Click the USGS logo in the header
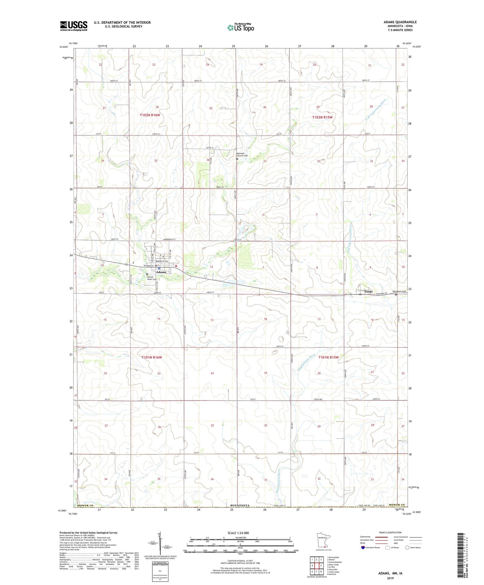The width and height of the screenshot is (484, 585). click(x=74, y=26)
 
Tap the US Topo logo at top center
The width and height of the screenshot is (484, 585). click(x=240, y=27)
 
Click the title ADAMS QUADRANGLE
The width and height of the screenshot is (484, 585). click(x=400, y=22)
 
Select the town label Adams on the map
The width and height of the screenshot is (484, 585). click(x=161, y=272)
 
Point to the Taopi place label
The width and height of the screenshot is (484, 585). click(x=368, y=291)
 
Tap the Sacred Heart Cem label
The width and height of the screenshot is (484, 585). click(x=152, y=278)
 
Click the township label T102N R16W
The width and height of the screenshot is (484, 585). click(x=150, y=115)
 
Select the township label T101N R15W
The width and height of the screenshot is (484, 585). click(x=328, y=357)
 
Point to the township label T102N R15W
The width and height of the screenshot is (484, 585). click(x=322, y=117)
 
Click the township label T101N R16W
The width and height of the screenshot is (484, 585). click(x=151, y=357)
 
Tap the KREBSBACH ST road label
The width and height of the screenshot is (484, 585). click(x=167, y=240)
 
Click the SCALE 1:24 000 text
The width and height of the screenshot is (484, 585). click(x=238, y=533)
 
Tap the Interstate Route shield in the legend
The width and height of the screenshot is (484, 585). click(x=363, y=547)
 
